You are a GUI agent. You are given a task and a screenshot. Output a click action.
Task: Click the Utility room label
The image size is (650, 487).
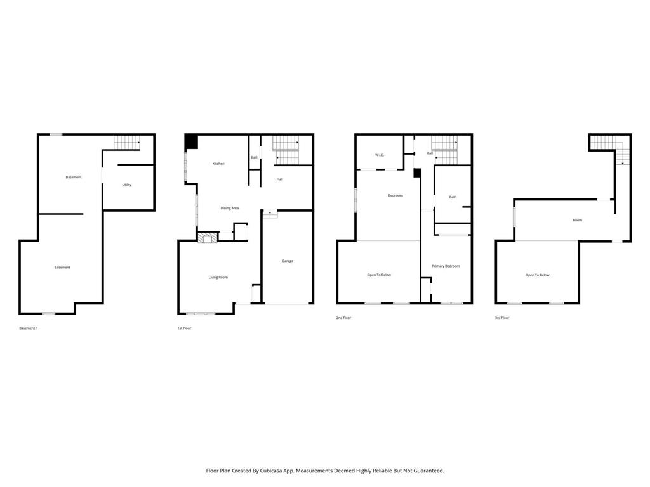tap(127, 185)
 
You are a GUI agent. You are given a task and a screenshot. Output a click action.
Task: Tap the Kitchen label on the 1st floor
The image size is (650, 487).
tap(218, 164)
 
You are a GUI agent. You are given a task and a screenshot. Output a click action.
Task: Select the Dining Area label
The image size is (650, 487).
tap(229, 208)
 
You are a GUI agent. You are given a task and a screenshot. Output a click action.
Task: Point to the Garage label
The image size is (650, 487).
tap(288, 261)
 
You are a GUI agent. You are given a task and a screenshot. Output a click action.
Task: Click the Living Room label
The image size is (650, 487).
tap(218, 277)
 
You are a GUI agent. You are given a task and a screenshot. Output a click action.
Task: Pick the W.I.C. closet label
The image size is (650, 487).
tap(380, 155)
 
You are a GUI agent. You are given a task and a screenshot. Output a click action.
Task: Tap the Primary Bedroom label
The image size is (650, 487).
tap(446, 266)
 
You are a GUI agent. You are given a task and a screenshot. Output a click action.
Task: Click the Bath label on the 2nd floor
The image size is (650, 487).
tap(453, 197)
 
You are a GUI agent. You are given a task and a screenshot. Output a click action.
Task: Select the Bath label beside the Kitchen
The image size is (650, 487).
tap(255, 157)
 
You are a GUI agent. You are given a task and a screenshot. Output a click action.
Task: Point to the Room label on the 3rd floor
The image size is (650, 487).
tap(577, 220)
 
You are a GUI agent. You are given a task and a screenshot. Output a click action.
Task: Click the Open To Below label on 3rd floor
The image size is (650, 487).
tap(537, 275)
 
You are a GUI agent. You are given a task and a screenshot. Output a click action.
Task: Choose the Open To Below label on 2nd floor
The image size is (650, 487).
tap(379, 275)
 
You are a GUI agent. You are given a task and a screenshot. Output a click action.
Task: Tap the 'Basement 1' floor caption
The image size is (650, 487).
tap(29, 328)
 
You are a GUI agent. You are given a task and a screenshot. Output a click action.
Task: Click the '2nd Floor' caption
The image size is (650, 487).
tap(343, 317)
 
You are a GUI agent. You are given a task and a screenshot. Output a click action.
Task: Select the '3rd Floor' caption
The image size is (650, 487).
tap(502, 317)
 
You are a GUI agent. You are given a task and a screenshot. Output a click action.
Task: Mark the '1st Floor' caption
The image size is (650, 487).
tap(184, 328)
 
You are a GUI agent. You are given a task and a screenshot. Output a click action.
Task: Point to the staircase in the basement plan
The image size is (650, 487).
tap(126, 143)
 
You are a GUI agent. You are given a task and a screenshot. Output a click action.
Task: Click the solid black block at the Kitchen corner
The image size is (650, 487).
tap(191, 142)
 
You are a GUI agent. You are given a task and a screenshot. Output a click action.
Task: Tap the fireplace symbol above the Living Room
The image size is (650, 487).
tap(207, 238)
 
